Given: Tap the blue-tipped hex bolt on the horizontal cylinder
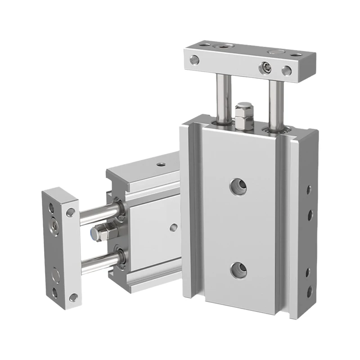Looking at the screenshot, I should coord(101,233).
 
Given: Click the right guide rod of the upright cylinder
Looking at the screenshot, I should coord(275,101).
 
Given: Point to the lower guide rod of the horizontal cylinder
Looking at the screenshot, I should coord(99,260).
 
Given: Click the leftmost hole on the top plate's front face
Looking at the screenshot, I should coord(194,58).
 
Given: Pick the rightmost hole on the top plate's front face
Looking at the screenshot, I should coord(285,70).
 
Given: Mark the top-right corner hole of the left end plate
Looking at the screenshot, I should coord(70,211).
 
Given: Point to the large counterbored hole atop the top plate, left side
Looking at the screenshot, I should coord(222,47).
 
